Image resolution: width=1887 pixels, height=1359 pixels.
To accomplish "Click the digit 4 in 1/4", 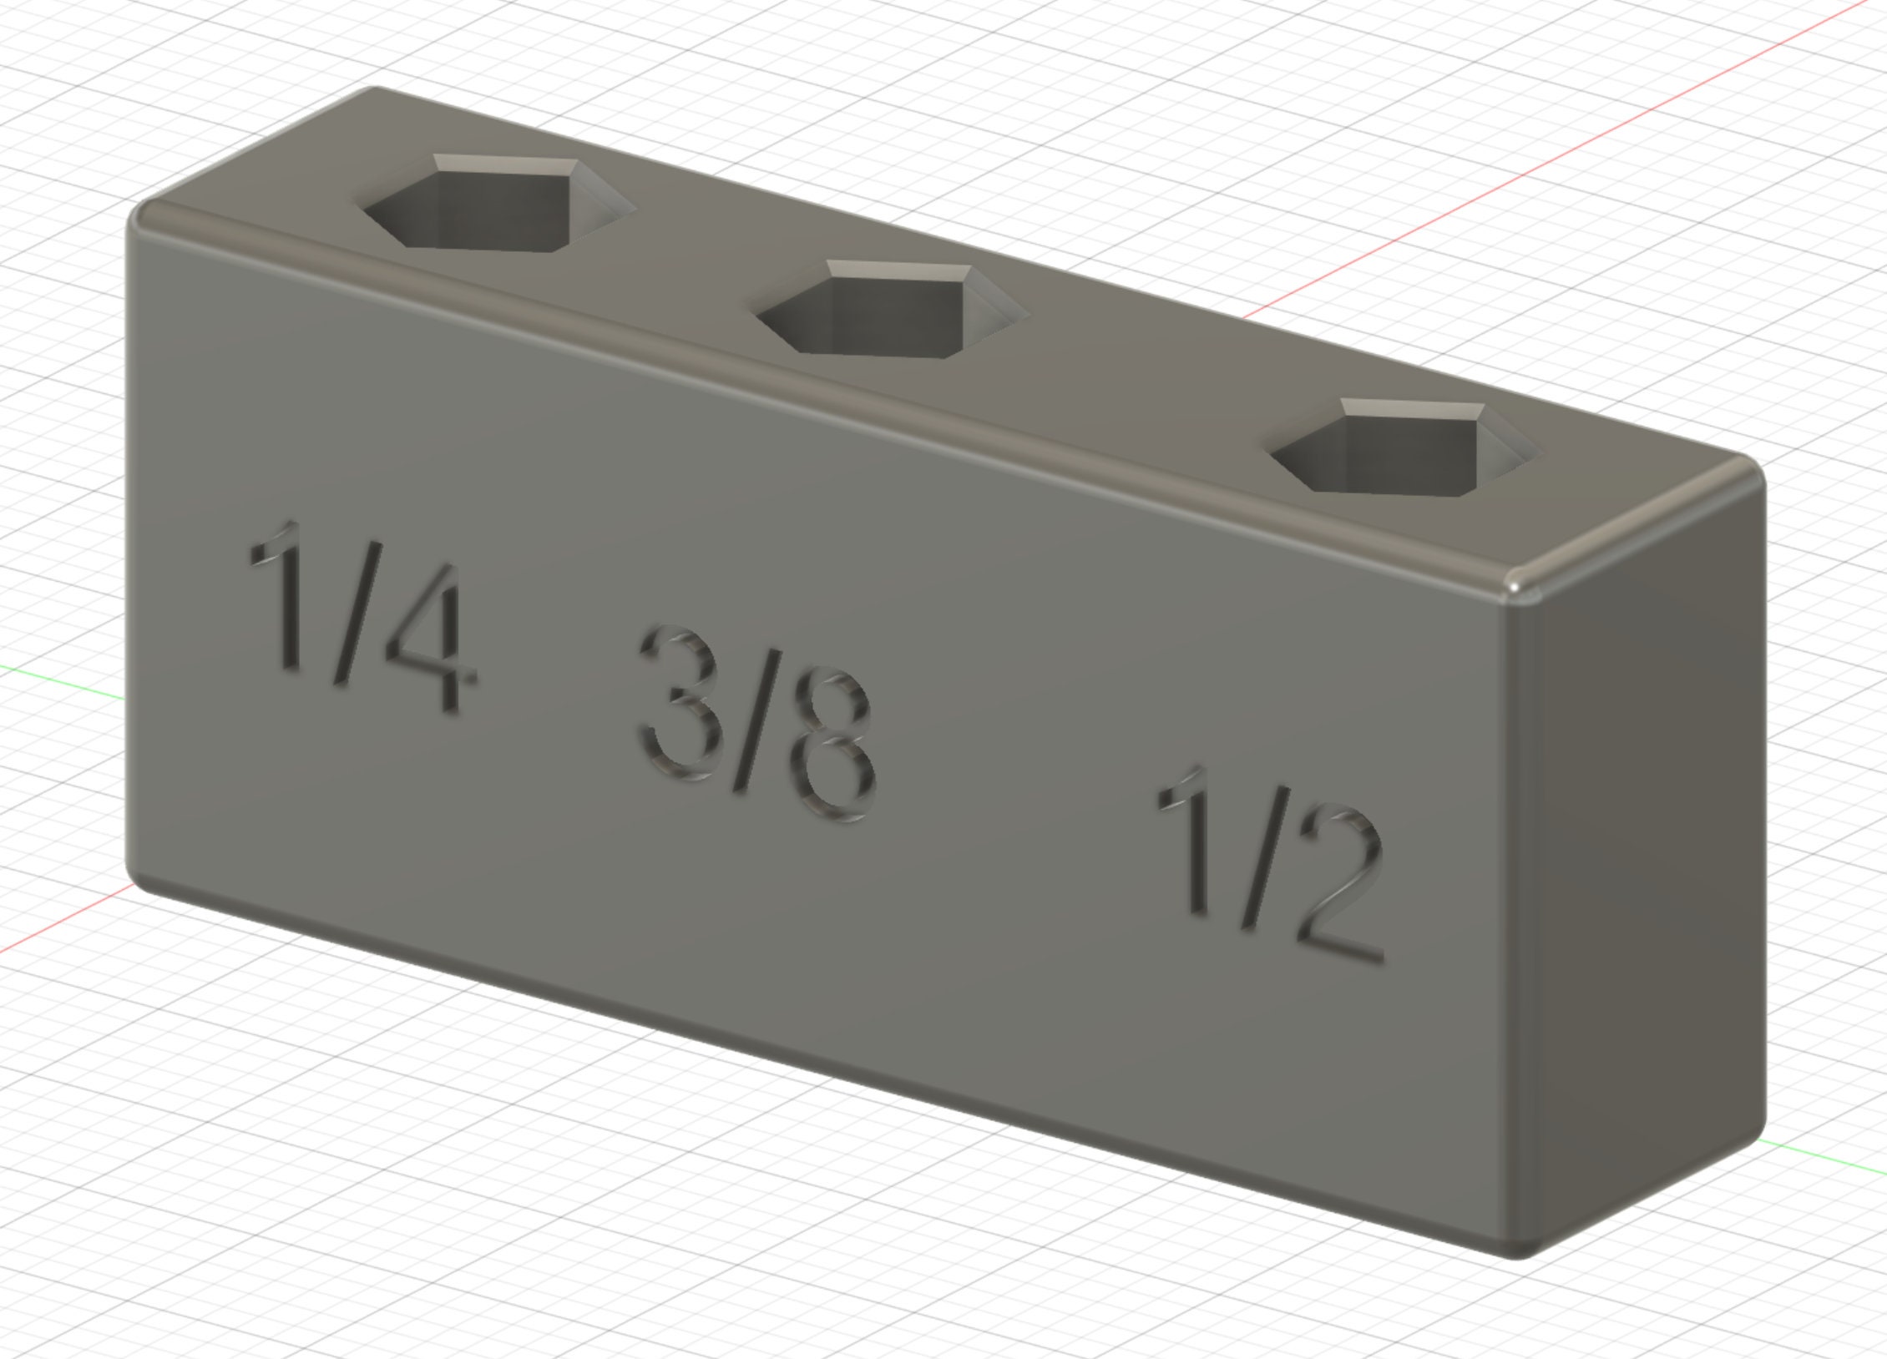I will tap(426, 639).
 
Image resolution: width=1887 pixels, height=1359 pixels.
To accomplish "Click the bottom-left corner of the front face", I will tap(138, 877).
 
